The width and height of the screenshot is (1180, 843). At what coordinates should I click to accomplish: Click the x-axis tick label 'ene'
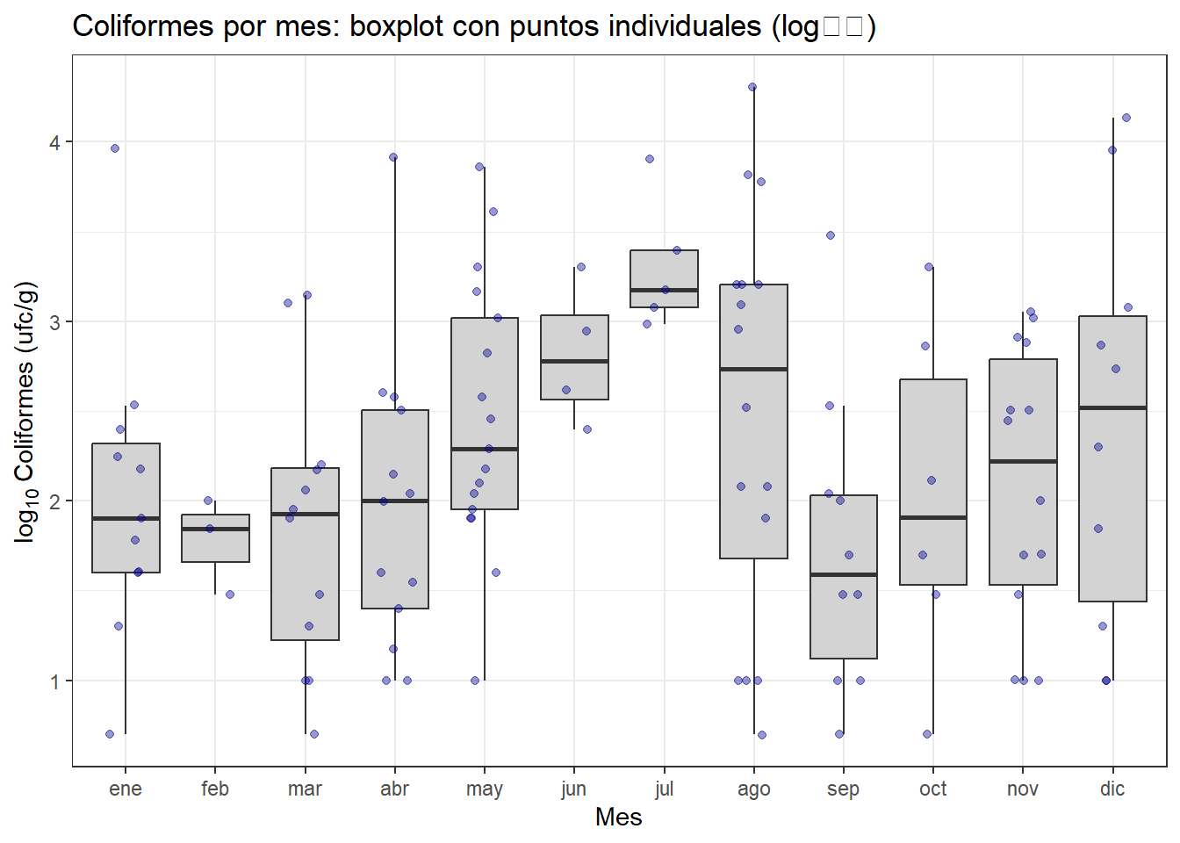point(126,789)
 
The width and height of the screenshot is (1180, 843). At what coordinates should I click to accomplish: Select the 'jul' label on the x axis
point(664,789)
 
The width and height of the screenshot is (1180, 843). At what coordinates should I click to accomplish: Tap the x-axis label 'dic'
point(1112,789)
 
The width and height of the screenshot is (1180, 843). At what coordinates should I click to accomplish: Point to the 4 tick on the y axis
point(55,142)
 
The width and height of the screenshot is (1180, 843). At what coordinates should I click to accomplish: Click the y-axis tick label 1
point(55,681)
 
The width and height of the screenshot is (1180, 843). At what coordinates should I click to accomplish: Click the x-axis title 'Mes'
point(618,818)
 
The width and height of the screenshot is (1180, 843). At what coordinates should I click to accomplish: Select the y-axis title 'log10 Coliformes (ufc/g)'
point(26,412)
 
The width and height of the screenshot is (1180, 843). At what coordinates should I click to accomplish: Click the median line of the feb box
point(215,529)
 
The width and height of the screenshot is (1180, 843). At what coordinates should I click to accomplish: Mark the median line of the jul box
point(664,290)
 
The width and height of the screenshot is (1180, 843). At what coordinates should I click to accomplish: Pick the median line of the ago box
point(753,369)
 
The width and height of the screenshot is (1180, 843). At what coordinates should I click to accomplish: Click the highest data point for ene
point(115,148)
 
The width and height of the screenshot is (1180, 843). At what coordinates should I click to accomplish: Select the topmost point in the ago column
point(752,87)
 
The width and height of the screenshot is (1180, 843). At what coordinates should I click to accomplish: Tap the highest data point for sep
point(831,235)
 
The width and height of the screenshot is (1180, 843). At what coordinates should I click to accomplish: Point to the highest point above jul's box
point(650,159)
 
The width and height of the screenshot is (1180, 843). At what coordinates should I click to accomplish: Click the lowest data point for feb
point(230,594)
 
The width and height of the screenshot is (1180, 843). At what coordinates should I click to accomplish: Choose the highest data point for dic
point(1126,118)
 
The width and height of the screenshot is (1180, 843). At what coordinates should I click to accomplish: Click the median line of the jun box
point(574,361)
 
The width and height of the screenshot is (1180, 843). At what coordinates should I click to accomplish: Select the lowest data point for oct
point(927,734)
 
